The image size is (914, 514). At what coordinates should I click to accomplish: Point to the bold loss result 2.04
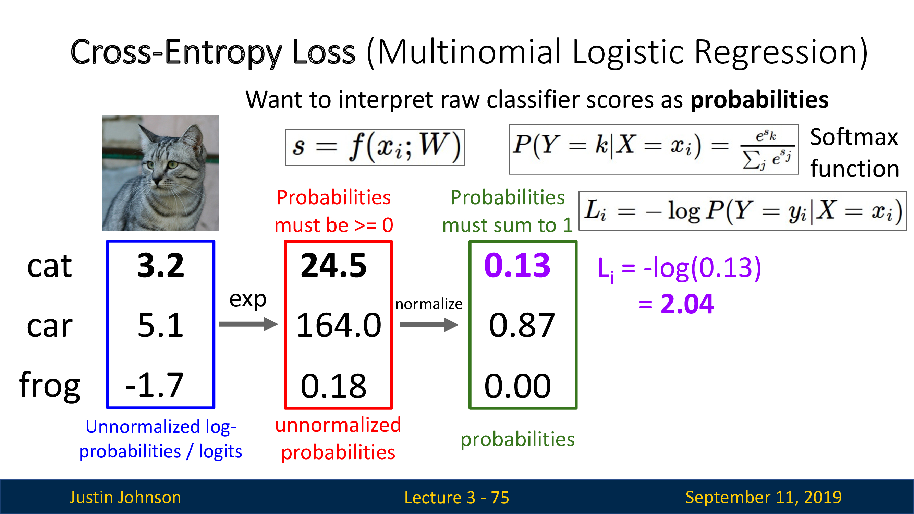pyautogui.click(x=687, y=304)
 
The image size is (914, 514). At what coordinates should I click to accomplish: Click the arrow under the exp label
pyautogui.click(x=248, y=324)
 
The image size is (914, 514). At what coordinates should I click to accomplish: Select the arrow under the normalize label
pyautogui.click(x=429, y=325)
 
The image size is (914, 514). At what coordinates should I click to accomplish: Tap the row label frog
pyautogui.click(x=50, y=385)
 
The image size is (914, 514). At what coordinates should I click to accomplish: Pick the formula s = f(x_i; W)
pyautogui.click(x=375, y=147)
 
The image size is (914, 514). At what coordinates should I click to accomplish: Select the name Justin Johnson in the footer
pyautogui.click(x=125, y=497)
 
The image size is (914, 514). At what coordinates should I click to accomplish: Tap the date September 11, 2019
pyautogui.click(x=764, y=497)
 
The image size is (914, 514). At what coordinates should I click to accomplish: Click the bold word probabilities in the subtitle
pyautogui.click(x=759, y=100)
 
